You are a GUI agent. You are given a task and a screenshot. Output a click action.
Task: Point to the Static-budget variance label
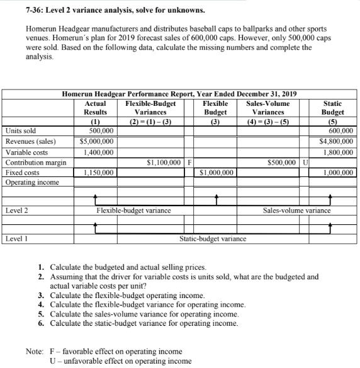tap(213, 239)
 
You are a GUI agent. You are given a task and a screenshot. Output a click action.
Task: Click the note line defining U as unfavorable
tap(116, 360)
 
